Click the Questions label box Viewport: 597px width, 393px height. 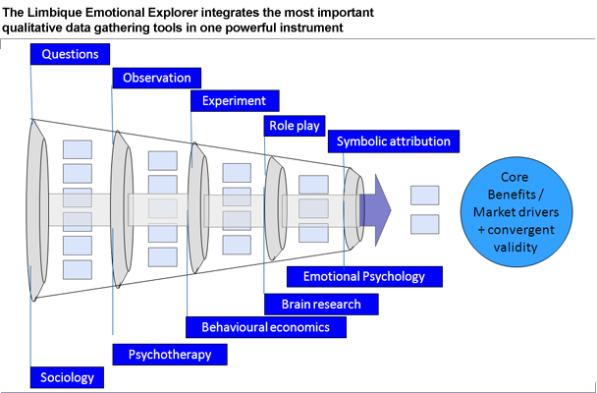tap(70, 54)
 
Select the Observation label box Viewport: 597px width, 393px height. tap(156, 78)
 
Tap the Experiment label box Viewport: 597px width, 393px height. tap(235, 101)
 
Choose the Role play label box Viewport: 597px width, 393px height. tap(295, 126)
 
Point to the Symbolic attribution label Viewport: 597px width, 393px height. tap(394, 141)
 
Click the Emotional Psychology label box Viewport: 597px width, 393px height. tap(364, 276)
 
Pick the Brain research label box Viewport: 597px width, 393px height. tap(321, 305)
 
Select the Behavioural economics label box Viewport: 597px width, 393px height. tap(266, 327)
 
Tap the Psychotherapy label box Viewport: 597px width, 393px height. tap(170, 355)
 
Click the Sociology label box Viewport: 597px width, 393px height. tap(67, 377)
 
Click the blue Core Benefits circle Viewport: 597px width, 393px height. tap(516, 212)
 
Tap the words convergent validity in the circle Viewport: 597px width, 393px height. tap(516, 239)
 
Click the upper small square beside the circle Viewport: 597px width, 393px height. tap(424, 195)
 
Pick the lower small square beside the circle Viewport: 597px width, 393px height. tap(424, 224)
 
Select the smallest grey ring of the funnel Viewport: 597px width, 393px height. tap(354, 209)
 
